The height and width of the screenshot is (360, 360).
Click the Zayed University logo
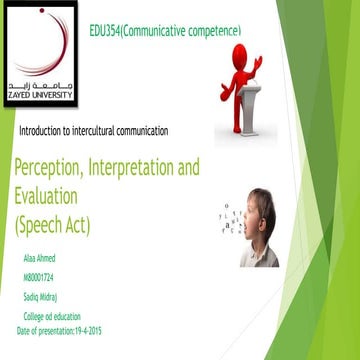(38, 50)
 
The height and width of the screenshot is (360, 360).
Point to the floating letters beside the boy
(232, 220)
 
